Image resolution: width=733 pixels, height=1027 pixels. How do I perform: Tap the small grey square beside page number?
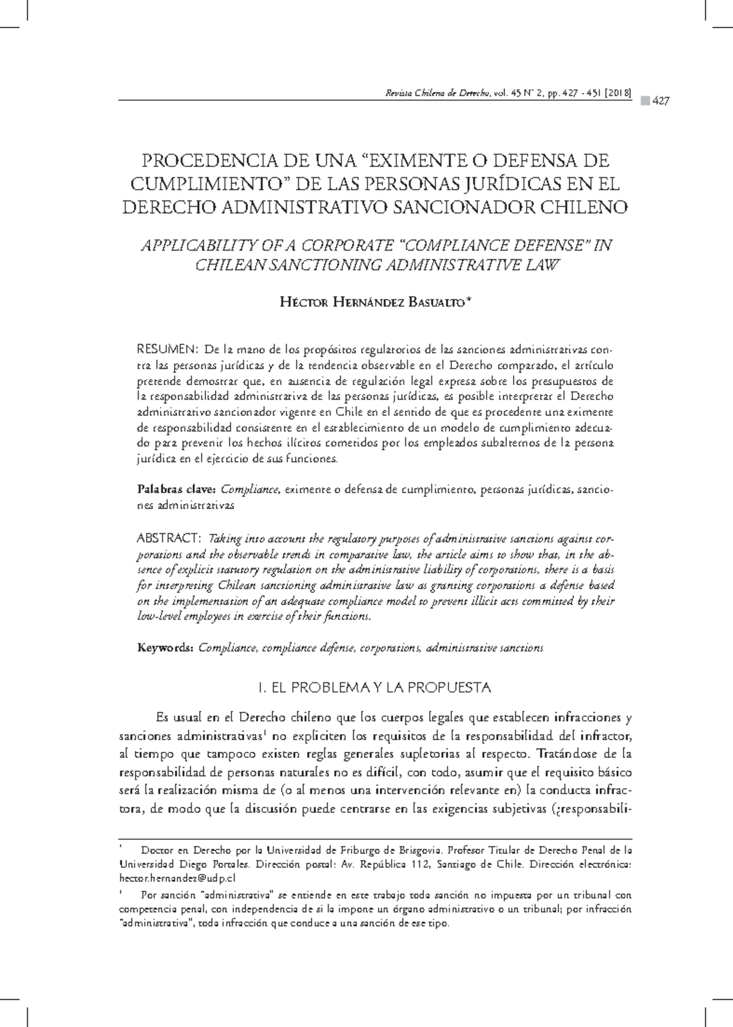644,101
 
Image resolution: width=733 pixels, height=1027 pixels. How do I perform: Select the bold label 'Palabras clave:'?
176,490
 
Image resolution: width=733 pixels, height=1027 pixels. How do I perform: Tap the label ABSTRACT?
169,538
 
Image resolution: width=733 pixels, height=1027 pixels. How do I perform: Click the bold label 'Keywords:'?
166,647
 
